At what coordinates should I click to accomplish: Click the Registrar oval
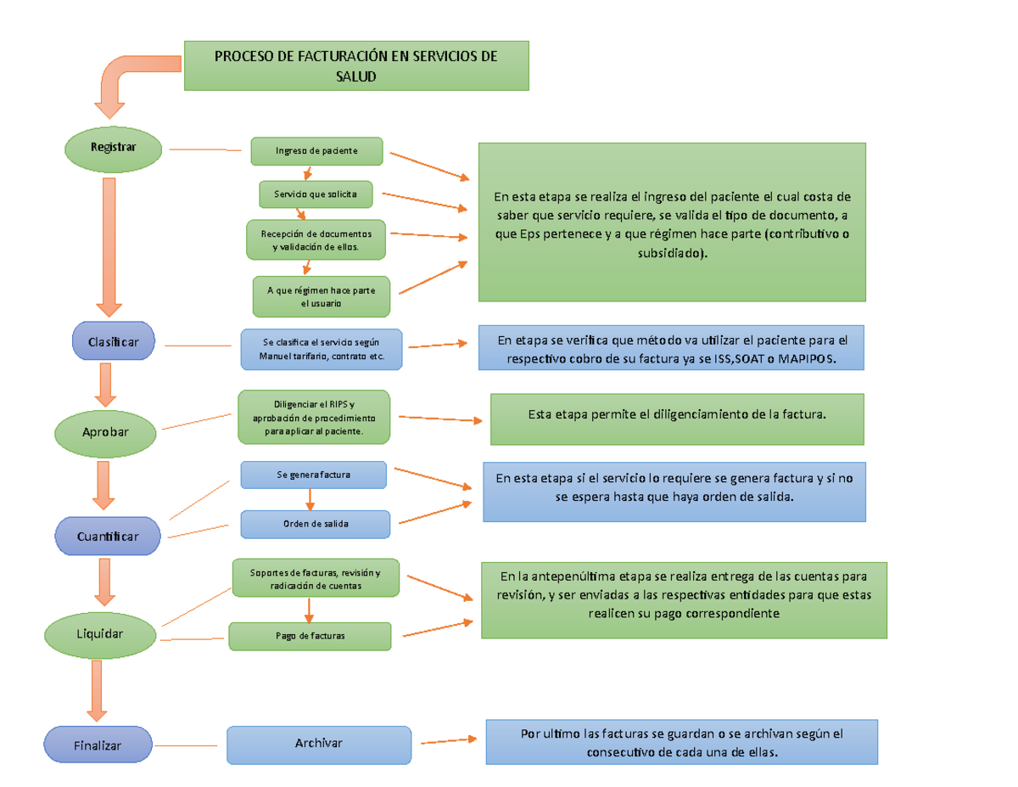[x=114, y=148]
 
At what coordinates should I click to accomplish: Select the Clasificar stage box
[x=114, y=341]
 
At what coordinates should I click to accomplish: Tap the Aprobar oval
[x=106, y=432]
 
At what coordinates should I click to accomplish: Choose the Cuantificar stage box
[x=108, y=537]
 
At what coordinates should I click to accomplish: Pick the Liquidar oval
[x=101, y=633]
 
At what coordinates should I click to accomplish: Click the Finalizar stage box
[x=98, y=745]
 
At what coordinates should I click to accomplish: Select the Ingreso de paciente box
[x=316, y=151]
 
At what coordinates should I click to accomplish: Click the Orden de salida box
[x=316, y=524]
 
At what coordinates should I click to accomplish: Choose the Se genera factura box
[x=314, y=475]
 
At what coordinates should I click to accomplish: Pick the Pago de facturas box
[x=310, y=635]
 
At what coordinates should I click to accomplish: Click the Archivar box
[x=319, y=744]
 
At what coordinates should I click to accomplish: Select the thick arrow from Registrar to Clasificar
[x=109, y=242]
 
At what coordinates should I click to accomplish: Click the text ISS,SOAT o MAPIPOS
[x=779, y=359]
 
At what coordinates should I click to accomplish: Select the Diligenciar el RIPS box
[x=315, y=417]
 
